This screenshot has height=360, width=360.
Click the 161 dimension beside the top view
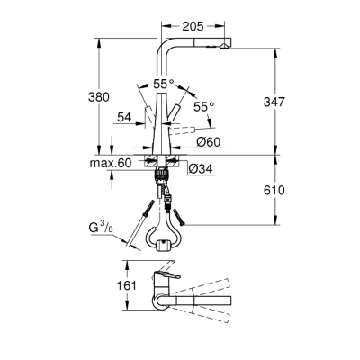pyautogui.click(x=130, y=285)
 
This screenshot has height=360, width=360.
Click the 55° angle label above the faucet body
pyautogui.click(x=164, y=82)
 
